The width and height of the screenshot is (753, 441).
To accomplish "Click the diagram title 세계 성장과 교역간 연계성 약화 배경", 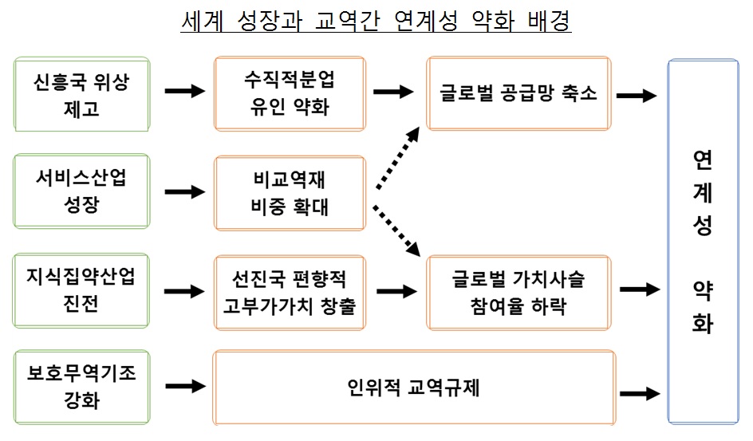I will pyautogui.click(x=376, y=22).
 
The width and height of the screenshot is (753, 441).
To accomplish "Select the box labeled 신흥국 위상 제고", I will pyautogui.click(x=82, y=94).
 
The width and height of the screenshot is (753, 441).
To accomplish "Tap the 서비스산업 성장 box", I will pyautogui.click(x=82, y=192).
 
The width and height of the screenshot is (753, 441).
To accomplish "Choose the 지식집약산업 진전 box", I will pyautogui.click(x=82, y=291).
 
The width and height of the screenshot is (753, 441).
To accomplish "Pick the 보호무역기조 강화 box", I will pyautogui.click(x=82, y=387).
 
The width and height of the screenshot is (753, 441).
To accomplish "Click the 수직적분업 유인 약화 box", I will pyautogui.click(x=289, y=93).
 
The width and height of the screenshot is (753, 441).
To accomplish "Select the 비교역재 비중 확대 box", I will pyautogui.click(x=289, y=193).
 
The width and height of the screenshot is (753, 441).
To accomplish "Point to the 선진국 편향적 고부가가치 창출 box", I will pyautogui.click(x=289, y=292).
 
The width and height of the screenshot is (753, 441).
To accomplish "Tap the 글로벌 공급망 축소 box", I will pyautogui.click(x=518, y=93).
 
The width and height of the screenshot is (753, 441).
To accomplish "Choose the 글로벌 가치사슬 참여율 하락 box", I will pyautogui.click(x=518, y=292).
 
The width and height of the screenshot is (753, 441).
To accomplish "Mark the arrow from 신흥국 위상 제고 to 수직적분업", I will pyautogui.click(x=184, y=92).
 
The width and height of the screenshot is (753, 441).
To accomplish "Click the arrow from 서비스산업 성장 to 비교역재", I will pyautogui.click(x=184, y=192).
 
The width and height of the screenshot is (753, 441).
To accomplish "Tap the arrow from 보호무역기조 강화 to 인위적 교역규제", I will pyautogui.click(x=184, y=387).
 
